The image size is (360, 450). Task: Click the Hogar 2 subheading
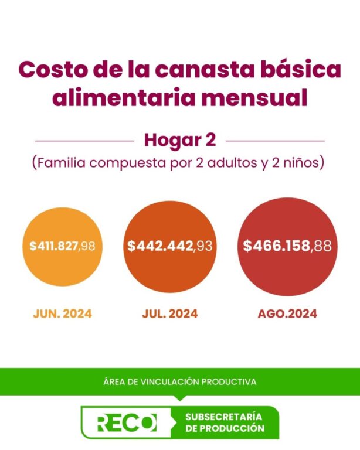click(180, 141)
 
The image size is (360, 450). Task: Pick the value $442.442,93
click(169, 246)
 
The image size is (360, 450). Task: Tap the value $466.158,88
click(287, 246)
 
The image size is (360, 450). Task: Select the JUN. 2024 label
click(62, 313)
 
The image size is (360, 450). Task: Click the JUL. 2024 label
click(169, 313)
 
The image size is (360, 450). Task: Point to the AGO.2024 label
click(287, 313)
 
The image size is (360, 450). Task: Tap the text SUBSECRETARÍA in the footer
click(223, 417)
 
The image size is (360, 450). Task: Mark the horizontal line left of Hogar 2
click(84, 141)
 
